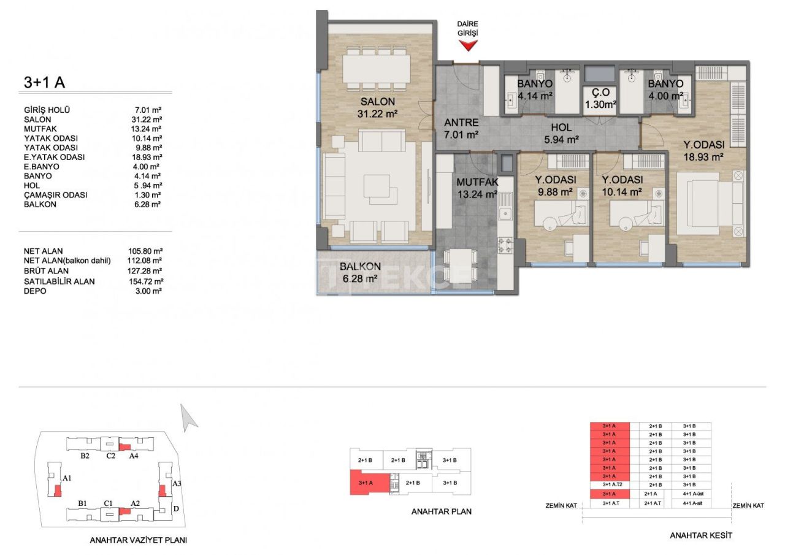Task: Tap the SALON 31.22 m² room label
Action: click(377, 107)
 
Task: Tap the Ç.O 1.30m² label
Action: click(600, 99)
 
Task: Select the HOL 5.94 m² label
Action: click(561, 134)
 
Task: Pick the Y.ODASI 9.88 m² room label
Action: click(554, 185)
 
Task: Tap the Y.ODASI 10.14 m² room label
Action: click(622, 185)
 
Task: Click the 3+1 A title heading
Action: click(44, 82)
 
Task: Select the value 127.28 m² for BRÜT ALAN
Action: click(144, 270)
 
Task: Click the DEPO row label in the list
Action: click(34, 291)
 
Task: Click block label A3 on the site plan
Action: click(177, 484)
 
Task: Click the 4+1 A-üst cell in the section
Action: click(691, 493)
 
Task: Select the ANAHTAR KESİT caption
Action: click(701, 535)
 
